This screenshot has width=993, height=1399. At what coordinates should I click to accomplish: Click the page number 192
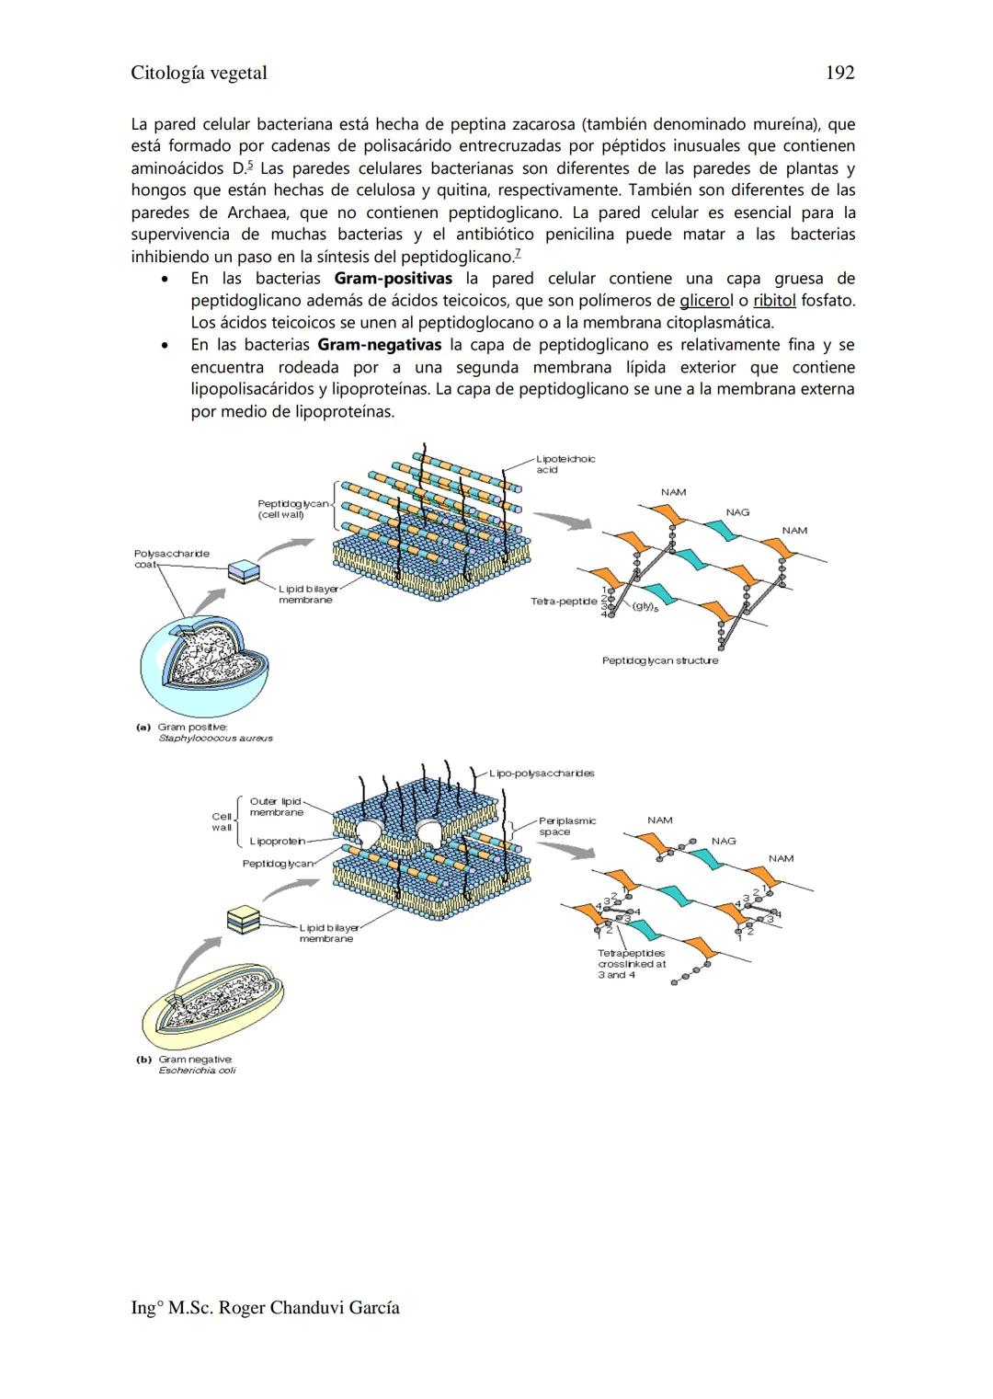click(x=839, y=73)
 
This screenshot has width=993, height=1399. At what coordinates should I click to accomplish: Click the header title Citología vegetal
click(x=199, y=73)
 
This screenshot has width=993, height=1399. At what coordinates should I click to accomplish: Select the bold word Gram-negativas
click(x=379, y=345)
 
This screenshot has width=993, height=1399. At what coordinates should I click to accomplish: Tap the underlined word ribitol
click(x=774, y=301)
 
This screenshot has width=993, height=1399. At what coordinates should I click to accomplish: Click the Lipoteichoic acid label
click(x=565, y=464)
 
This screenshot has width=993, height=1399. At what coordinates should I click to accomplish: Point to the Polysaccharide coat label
click(x=171, y=558)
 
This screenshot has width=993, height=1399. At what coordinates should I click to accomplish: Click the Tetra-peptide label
click(x=564, y=601)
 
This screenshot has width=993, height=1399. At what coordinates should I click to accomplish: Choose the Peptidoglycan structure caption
click(x=659, y=660)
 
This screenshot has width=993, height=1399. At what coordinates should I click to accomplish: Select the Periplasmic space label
click(x=566, y=826)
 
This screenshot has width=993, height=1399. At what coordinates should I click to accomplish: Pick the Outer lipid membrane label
click(x=276, y=807)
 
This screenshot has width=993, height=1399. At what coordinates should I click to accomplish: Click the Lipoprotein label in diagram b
click(x=277, y=841)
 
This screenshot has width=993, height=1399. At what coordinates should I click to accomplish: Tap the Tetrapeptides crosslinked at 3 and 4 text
click(x=631, y=964)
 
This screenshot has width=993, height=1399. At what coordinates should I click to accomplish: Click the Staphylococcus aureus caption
click(x=215, y=738)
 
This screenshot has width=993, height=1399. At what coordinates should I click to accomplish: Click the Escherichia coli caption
click(x=197, y=1070)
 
